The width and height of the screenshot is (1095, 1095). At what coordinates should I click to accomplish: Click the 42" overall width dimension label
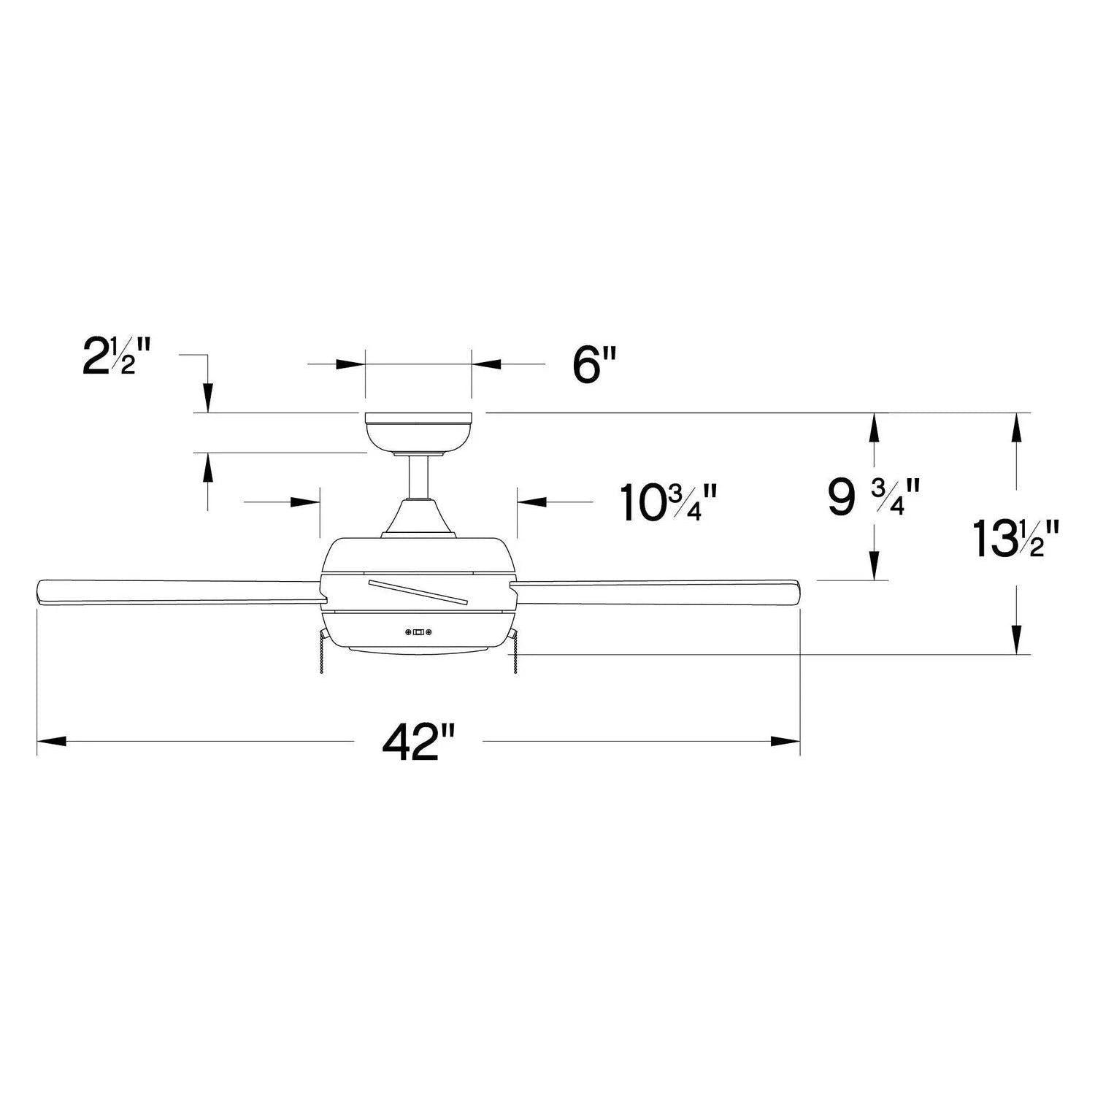click(418, 742)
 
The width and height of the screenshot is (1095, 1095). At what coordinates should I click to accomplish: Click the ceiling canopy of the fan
click(418, 433)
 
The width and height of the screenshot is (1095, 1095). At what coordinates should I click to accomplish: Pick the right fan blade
click(657, 592)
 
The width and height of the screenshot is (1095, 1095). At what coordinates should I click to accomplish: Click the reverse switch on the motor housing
click(419, 632)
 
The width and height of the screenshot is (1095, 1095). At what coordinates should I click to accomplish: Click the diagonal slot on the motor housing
click(418, 592)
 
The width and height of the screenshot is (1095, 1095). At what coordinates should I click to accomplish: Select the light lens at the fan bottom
click(418, 649)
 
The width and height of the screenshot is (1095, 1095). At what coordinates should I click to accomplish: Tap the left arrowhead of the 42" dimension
click(51, 742)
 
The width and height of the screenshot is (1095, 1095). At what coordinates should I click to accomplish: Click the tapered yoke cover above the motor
click(418, 518)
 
